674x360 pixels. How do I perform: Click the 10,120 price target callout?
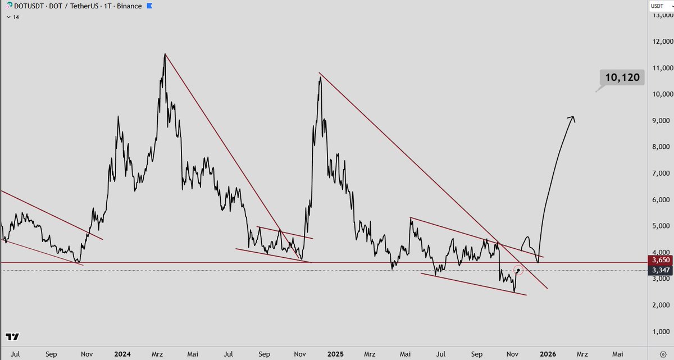(x=622, y=78)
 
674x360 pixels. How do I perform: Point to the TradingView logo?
(x=12, y=337)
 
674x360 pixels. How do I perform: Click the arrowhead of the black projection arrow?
(x=572, y=117)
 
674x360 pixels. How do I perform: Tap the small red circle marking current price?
(x=518, y=270)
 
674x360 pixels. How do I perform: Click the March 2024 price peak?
(x=164, y=54)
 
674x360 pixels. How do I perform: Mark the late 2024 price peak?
(x=320, y=77)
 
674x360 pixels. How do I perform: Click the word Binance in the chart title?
(x=127, y=6)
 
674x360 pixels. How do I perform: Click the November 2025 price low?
(x=514, y=292)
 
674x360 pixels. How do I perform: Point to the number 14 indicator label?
(x=16, y=17)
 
